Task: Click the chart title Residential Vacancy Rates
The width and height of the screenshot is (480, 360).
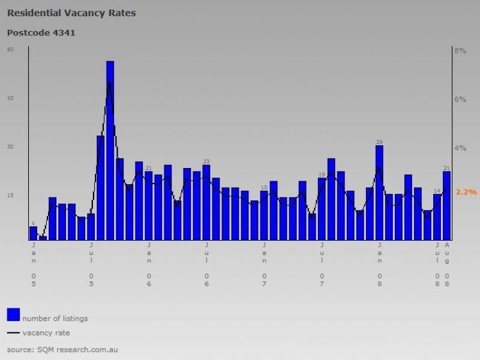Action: tap(71, 13)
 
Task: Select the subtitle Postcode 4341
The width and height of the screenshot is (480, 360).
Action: tap(41, 32)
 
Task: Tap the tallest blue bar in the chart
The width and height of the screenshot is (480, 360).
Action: tap(110, 150)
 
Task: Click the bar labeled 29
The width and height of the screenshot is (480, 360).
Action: tap(379, 192)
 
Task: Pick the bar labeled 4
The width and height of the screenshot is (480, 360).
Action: tap(33, 233)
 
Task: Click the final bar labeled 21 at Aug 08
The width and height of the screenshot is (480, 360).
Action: tap(446, 205)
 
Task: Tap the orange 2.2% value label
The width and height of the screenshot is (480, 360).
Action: tap(466, 192)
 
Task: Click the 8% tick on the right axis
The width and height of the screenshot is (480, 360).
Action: tap(460, 51)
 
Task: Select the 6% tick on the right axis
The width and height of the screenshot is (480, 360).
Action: tap(460, 99)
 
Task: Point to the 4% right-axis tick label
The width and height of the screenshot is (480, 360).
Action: tap(460, 148)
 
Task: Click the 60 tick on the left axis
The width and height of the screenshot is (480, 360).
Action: tap(10, 49)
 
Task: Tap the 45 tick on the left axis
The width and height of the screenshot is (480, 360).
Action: tap(10, 98)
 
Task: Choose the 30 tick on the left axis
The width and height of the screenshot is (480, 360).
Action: tap(10, 146)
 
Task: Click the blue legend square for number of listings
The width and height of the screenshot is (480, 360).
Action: tap(13, 314)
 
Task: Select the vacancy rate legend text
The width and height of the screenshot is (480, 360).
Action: tap(46, 332)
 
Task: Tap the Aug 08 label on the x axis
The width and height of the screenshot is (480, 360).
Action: tap(447, 264)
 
